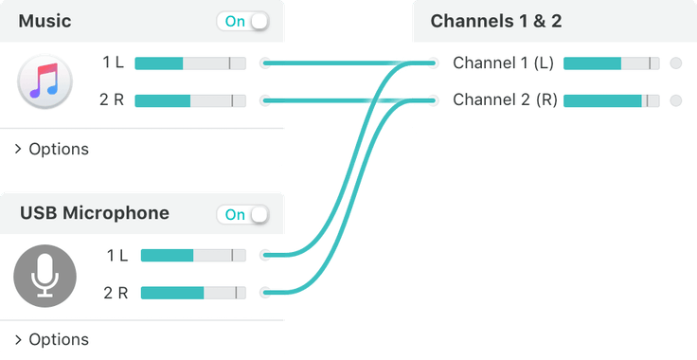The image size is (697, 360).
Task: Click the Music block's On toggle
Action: pos(242,21)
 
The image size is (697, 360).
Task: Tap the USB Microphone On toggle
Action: pos(243,215)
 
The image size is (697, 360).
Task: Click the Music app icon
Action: pos(44,81)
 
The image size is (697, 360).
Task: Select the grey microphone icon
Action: pos(44,274)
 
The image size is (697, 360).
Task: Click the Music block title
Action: pos(45,21)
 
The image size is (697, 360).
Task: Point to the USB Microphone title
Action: pos(95,214)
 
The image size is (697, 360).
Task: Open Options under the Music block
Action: pos(53,149)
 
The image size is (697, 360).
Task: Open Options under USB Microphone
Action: pos(53,339)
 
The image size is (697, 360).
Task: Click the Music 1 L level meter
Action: pos(190,63)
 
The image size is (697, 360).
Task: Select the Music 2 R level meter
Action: pos(190,100)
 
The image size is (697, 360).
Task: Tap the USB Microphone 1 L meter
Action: pos(193,256)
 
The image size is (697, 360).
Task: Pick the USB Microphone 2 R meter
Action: pos(193,293)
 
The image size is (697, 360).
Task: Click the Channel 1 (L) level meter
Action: pos(612,63)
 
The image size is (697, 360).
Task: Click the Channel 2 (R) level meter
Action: pos(612,100)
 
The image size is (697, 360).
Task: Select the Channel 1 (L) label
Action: pos(503,63)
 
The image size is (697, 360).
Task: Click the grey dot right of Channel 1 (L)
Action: pos(675,63)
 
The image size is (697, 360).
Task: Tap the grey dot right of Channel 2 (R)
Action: pos(675,100)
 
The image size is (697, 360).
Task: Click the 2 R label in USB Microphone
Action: pos(116,293)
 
